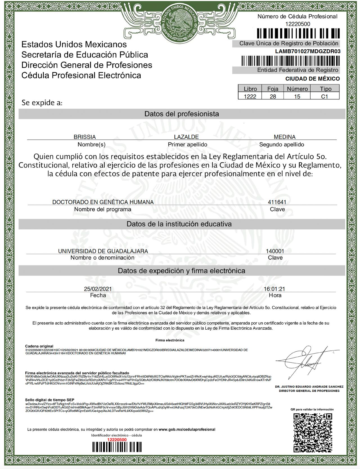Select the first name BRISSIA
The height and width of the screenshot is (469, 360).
point(85,137)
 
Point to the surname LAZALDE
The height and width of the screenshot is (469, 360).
point(186,137)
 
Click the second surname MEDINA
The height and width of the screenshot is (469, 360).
point(285,137)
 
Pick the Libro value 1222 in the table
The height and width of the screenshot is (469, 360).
point(250,97)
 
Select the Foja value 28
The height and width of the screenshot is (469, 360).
point(273,97)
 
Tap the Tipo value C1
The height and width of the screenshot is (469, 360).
point(325,97)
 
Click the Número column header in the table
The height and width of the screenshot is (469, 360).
point(297,89)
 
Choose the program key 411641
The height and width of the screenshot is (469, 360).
point(277,202)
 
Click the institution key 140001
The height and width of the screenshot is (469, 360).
point(275,251)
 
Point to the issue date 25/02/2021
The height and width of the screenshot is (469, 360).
point(98,289)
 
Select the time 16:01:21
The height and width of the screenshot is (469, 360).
point(274,289)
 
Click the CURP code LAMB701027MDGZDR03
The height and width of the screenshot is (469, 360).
point(308,51)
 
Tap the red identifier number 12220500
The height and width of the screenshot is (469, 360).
point(117,439)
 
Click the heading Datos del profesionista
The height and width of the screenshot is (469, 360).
point(182,114)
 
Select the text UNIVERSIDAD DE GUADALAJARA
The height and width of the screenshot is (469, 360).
point(103,251)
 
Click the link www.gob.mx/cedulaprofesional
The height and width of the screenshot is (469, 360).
point(187,429)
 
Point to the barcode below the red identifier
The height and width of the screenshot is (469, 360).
point(117,447)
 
